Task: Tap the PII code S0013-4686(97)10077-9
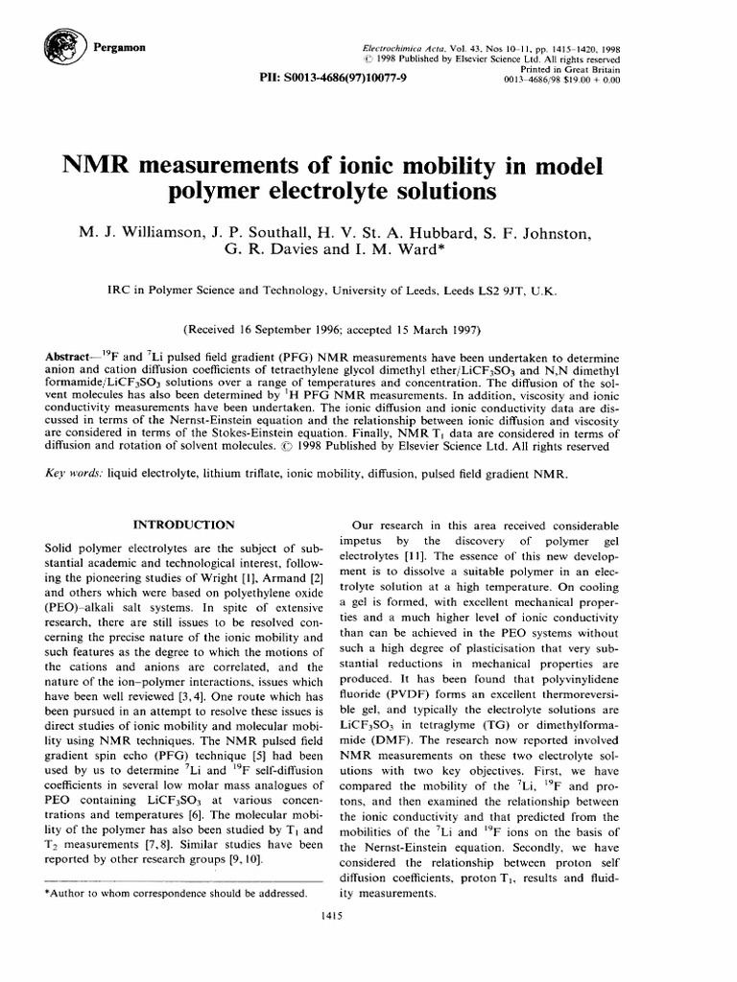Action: pyautogui.click(x=347, y=78)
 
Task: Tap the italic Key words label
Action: pyautogui.click(x=75, y=474)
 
